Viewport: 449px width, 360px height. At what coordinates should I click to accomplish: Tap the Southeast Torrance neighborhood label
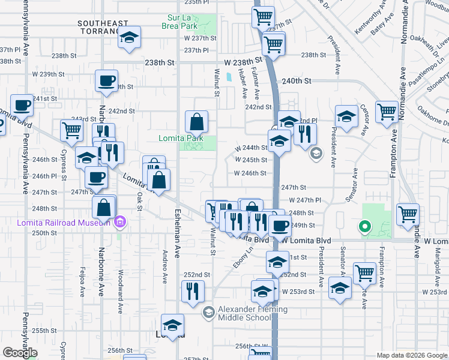pos(103,27)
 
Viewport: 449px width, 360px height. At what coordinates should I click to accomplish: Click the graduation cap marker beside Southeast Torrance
pos(129,38)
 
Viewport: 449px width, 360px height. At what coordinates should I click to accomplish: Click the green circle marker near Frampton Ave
pos(363,227)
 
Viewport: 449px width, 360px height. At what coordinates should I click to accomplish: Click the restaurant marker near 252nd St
pos(193,292)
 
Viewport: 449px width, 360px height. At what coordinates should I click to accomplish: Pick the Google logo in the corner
pos(20,353)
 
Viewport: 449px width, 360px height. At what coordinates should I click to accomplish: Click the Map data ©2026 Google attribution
pos(412,355)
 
